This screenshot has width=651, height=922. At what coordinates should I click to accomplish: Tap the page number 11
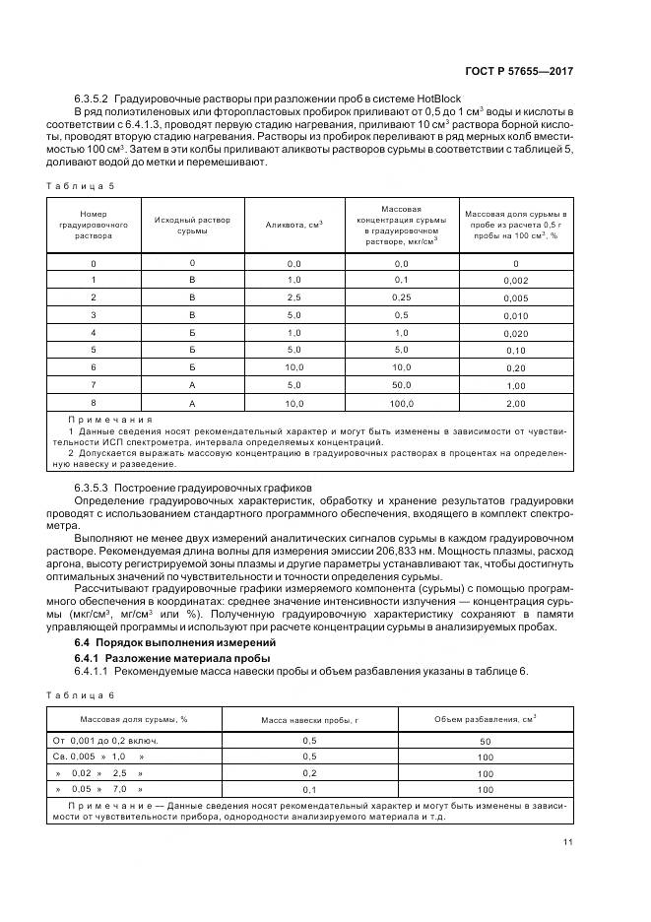[567, 842]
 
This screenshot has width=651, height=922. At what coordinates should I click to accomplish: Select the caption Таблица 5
[82, 186]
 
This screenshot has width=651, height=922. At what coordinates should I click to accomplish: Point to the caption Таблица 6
[82, 695]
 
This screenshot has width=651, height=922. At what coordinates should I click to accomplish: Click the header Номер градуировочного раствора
[94, 226]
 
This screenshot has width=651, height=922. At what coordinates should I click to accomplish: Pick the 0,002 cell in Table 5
[515, 282]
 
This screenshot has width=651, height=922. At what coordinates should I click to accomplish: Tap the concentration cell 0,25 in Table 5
[401, 296]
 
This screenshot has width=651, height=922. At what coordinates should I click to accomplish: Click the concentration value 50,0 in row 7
[401, 383]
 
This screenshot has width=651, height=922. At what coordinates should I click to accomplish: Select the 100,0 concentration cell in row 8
[401, 402]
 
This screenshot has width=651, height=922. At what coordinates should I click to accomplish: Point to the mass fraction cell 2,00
[515, 403]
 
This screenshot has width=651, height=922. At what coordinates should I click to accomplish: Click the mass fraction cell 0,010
[515, 315]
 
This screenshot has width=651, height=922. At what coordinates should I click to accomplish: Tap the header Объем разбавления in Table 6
[485, 719]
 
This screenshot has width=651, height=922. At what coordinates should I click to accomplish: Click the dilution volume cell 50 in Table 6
[485, 740]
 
